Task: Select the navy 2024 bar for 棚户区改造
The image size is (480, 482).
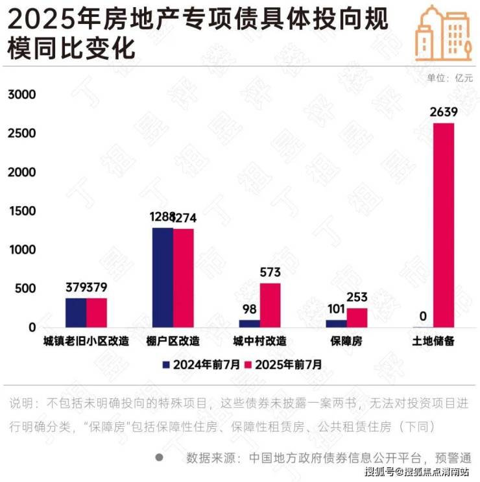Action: [163, 278]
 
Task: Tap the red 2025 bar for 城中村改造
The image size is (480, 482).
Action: [270, 305]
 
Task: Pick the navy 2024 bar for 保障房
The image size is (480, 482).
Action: [336, 323]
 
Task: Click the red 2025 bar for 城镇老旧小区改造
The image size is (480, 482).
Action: [97, 313]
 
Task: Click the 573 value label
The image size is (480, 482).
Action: [270, 273]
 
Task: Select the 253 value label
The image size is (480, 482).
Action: [357, 298]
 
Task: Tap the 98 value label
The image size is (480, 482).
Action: [249, 310]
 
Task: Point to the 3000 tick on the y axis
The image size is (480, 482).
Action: [21, 95]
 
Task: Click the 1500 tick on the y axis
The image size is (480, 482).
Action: [21, 211]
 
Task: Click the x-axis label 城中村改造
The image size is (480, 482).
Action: [259, 341]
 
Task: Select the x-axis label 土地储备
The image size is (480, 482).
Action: [433, 341]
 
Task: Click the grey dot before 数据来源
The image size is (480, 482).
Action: [160, 457]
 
